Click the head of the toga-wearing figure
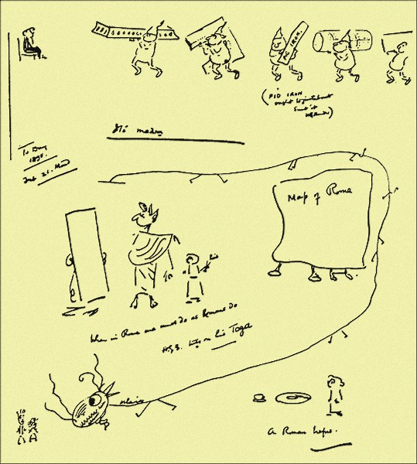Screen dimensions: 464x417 [x=144, y=217]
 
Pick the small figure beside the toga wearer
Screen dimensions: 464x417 [x=193, y=275]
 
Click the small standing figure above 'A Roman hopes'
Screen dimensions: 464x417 [x=333, y=391]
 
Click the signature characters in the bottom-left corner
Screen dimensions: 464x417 [x=17, y=422]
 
